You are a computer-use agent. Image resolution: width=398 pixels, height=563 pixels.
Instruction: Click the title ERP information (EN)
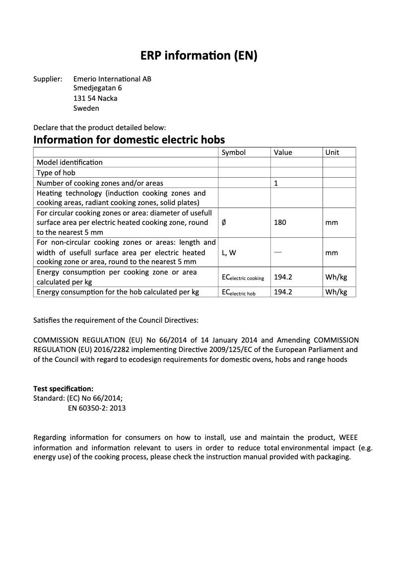pos(199,57)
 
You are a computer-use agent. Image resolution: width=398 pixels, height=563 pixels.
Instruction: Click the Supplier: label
pos(48,79)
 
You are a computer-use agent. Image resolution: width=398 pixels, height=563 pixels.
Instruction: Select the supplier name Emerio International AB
pos(112,79)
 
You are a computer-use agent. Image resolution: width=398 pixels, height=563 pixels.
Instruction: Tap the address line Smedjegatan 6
pos(97,88)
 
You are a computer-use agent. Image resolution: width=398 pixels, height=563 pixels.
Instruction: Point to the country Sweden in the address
pos(86,108)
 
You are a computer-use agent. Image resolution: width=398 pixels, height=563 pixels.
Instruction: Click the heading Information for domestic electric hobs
pos(129,140)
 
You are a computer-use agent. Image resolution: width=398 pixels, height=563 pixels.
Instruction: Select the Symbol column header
pos(233,152)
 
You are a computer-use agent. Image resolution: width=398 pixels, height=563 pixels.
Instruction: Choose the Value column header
pos(283,152)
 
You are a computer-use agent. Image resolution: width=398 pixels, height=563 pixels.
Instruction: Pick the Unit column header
pos(332,152)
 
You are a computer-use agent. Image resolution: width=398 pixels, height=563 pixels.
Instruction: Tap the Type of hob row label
pos(56,173)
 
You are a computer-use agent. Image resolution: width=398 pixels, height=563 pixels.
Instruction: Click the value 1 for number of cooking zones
pos(276,183)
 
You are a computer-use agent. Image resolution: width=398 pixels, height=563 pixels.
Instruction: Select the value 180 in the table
pos(280,222)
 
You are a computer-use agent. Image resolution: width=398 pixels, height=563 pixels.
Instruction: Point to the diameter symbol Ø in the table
pos(224,223)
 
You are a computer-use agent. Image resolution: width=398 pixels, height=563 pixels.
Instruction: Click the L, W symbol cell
pos(229,253)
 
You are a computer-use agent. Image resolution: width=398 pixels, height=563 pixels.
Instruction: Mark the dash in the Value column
pos(278,252)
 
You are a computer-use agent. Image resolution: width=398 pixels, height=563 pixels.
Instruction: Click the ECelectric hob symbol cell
pos(238,292)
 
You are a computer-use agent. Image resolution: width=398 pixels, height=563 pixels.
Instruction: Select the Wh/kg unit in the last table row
pos(336,292)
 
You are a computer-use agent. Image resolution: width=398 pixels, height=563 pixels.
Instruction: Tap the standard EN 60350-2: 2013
pos(96,408)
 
